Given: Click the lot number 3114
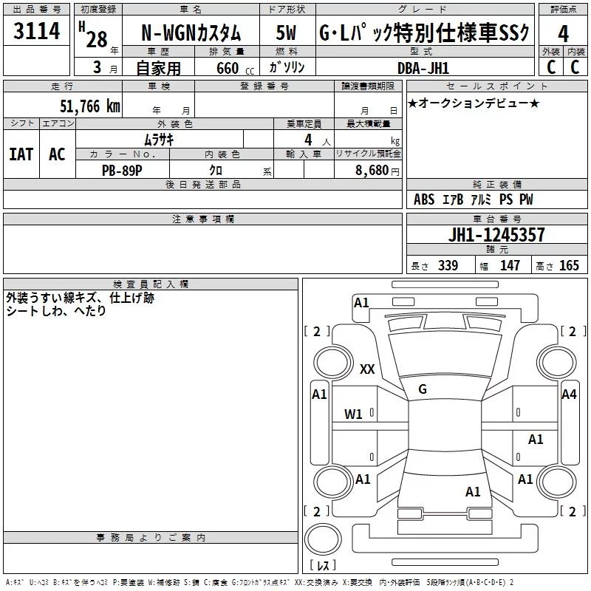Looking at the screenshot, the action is click(x=36, y=31).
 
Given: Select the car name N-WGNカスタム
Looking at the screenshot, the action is click(x=191, y=33).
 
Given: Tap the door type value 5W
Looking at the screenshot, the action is click(x=286, y=33).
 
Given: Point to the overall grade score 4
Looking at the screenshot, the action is click(x=563, y=34).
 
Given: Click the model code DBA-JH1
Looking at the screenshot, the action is click(x=423, y=68).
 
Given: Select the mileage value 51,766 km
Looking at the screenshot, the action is click(x=90, y=106).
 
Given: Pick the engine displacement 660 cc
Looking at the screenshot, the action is click(x=235, y=68).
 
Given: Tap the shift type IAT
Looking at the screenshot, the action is click(x=21, y=154).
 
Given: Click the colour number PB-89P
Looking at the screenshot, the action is click(x=122, y=171).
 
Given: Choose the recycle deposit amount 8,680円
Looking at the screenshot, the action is click(x=378, y=171).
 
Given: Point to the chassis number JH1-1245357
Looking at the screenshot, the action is click(x=496, y=234).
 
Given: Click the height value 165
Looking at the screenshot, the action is click(x=569, y=265).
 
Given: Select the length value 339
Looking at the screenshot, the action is click(x=448, y=265).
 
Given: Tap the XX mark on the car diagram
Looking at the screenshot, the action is click(x=367, y=369).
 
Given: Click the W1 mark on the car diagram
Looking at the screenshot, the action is click(x=353, y=414).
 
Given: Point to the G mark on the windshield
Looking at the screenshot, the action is click(x=423, y=389).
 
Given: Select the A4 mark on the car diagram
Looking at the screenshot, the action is click(x=569, y=394).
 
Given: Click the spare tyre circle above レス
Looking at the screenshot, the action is click(x=323, y=539).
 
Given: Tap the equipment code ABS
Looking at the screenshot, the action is click(x=424, y=199).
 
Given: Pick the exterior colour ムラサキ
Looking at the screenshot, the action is click(x=159, y=140).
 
